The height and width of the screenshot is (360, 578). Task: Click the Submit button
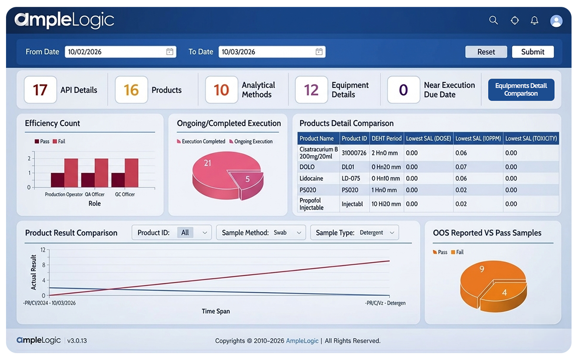(x=533, y=52)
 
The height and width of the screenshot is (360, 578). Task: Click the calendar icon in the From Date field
(x=170, y=52)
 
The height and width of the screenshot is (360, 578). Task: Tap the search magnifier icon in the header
(x=494, y=20)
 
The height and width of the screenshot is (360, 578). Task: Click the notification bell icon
(x=534, y=20)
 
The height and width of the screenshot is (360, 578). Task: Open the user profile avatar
(x=556, y=21)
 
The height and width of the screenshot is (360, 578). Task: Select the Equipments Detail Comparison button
(x=521, y=90)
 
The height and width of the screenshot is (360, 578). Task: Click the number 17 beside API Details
(x=40, y=90)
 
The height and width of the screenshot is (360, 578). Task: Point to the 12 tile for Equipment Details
(x=311, y=90)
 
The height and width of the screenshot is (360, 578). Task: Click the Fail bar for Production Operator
(x=71, y=173)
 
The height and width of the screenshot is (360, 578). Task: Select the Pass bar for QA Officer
(x=88, y=180)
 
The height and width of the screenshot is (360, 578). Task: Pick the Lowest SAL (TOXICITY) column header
(x=531, y=138)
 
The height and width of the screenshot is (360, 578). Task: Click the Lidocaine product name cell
(x=311, y=178)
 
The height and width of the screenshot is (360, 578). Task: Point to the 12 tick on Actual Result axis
(x=43, y=250)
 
